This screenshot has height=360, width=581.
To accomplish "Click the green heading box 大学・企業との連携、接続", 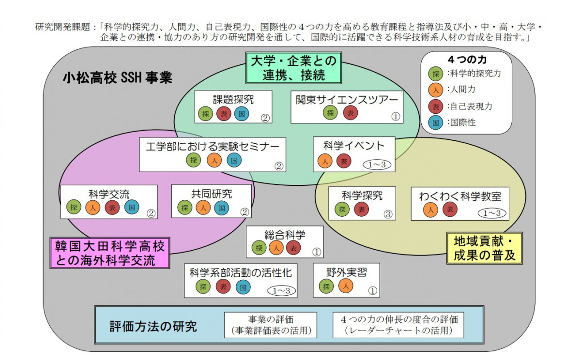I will (x=293, y=68).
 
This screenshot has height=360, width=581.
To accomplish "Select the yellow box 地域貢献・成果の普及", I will (x=485, y=247).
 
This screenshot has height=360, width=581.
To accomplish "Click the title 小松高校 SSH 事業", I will (x=117, y=78).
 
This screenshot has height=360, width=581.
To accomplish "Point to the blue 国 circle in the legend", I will (x=436, y=122).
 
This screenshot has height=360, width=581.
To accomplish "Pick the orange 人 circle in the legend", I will (x=436, y=90).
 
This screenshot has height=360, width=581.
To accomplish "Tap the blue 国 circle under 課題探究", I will (x=242, y=114).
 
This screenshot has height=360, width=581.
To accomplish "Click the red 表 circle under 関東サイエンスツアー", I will (x=351, y=113).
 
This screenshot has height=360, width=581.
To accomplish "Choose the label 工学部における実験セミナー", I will (x=213, y=146).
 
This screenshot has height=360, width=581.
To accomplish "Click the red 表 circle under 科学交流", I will (x=112, y=208).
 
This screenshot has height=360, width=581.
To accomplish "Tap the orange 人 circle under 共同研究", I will (x=203, y=208).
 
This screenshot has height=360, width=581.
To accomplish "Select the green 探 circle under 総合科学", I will (x=259, y=248).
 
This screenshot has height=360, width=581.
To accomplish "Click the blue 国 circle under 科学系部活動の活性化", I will (x=243, y=287).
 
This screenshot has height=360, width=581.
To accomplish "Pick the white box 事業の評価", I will (x=271, y=325).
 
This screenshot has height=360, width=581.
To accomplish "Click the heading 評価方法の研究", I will (x=153, y=326).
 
